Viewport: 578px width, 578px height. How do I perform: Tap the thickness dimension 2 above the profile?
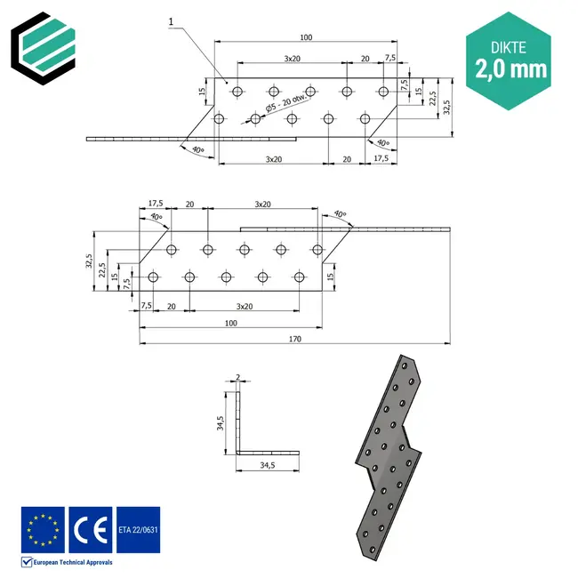point(237,377)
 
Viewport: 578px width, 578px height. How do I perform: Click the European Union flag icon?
point(42,529)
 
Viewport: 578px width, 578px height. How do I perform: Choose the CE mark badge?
point(90,529)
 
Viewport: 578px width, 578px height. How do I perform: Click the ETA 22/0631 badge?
point(138,530)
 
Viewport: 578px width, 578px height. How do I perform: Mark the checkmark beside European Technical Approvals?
point(26,562)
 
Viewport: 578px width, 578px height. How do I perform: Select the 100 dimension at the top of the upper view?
point(306,37)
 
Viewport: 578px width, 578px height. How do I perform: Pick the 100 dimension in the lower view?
point(231,323)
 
